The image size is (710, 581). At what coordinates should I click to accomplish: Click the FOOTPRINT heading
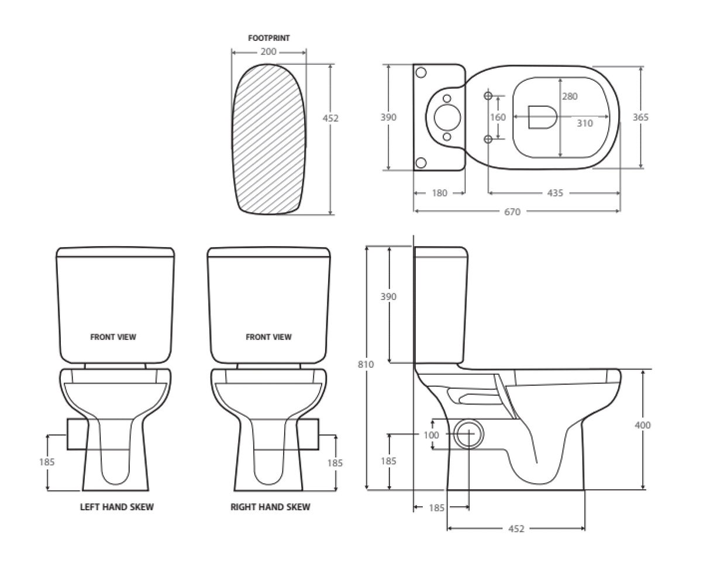click(x=268, y=38)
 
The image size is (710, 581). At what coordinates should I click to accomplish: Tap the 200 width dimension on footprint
click(x=268, y=52)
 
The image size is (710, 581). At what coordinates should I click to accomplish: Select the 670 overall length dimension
click(x=512, y=212)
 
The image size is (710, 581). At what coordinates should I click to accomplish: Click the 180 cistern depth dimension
click(x=439, y=193)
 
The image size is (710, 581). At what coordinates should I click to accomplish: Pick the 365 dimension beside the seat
click(x=640, y=117)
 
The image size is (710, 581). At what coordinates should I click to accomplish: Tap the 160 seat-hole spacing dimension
click(x=497, y=117)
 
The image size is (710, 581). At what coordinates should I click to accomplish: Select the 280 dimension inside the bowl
click(x=570, y=96)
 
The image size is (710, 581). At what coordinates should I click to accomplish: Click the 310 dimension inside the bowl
click(x=584, y=123)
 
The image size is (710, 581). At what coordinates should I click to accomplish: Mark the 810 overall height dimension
click(x=366, y=364)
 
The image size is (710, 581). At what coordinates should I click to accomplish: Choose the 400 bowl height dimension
click(x=642, y=425)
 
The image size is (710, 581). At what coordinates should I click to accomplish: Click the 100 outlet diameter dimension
click(x=431, y=435)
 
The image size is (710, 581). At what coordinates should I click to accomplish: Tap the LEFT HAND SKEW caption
click(x=116, y=507)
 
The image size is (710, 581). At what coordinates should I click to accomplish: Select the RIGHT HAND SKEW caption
click(x=270, y=507)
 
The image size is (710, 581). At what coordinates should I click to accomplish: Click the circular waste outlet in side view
click(x=469, y=434)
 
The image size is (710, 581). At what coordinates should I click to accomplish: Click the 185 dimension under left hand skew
click(x=47, y=462)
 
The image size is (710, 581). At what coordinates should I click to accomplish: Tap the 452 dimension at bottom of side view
click(x=516, y=528)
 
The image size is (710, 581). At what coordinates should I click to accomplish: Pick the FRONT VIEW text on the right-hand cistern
click(x=268, y=337)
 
